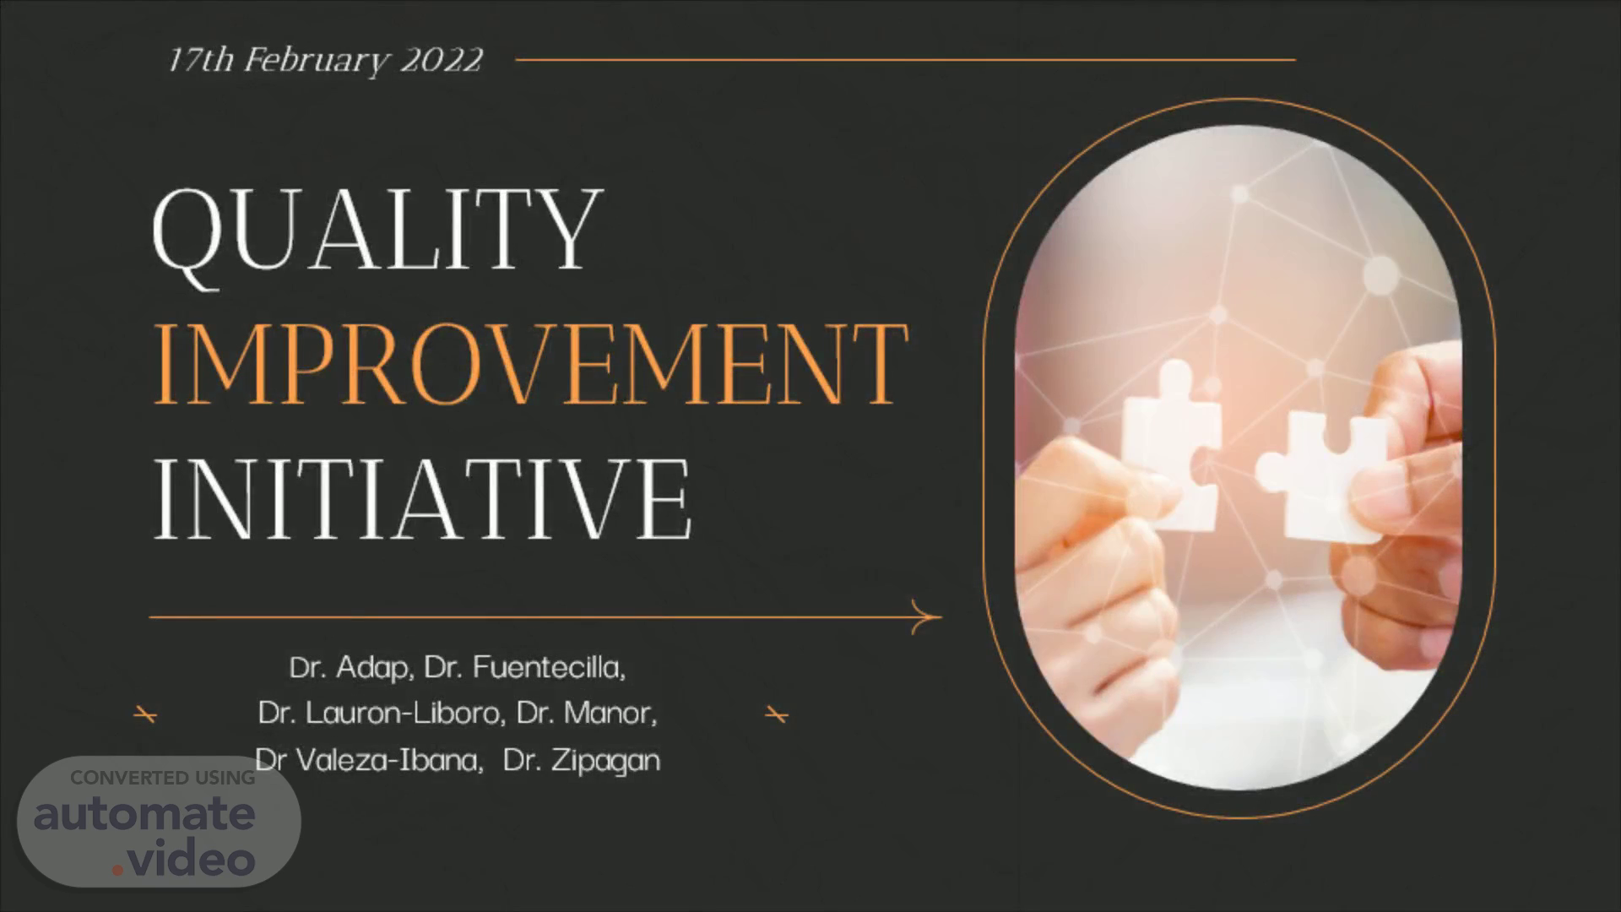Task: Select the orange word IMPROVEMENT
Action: (x=531, y=365)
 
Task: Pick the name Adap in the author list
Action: (x=374, y=668)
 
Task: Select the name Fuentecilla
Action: (x=548, y=668)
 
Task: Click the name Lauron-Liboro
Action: (x=405, y=714)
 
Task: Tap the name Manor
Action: (x=609, y=714)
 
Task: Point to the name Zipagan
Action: (x=605, y=762)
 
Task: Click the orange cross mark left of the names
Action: (x=145, y=715)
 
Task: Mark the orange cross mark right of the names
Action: (x=777, y=715)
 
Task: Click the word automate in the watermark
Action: (x=144, y=813)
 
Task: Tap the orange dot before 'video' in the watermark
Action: (x=117, y=869)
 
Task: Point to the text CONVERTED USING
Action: (x=163, y=778)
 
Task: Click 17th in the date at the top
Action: (x=200, y=60)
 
